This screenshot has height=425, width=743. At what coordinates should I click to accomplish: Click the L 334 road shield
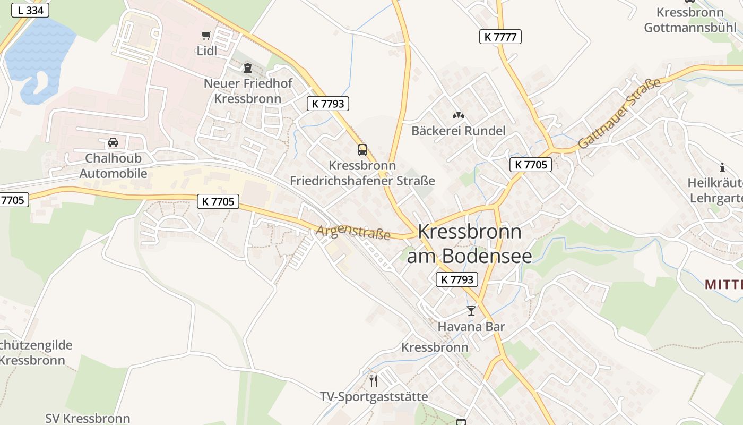pos(30,10)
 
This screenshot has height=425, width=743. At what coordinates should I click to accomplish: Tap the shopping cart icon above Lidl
pos(206,36)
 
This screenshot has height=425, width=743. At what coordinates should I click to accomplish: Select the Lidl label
pos(207,51)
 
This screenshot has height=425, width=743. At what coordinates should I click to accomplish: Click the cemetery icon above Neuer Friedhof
pos(247,68)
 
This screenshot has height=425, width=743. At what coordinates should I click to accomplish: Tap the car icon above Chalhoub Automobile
pos(113,142)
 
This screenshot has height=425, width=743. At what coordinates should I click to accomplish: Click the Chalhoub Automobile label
pos(113,166)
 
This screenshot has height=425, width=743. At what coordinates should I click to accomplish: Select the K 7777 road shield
pos(500,37)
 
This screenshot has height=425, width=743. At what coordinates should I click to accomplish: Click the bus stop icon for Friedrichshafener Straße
pos(362,150)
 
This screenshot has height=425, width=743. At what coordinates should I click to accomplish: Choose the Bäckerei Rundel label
pos(459,131)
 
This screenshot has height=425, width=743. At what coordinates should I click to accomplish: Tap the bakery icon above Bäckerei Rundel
pos(458,115)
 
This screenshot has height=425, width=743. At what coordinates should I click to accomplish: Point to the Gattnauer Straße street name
pos(619,113)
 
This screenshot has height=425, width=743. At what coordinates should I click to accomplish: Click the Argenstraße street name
pos(353,232)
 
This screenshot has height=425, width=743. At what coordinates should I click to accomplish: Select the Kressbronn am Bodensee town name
pos(470,243)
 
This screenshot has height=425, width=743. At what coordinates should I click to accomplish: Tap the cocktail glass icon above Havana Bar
pos(471,311)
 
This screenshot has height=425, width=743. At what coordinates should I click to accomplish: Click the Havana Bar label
pos(471,326)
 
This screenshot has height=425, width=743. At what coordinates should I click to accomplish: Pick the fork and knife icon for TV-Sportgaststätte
pos(374,380)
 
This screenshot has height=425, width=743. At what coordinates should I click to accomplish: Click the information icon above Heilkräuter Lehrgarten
pos(722,168)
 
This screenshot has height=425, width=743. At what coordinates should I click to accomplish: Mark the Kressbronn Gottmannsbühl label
pos(690,20)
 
